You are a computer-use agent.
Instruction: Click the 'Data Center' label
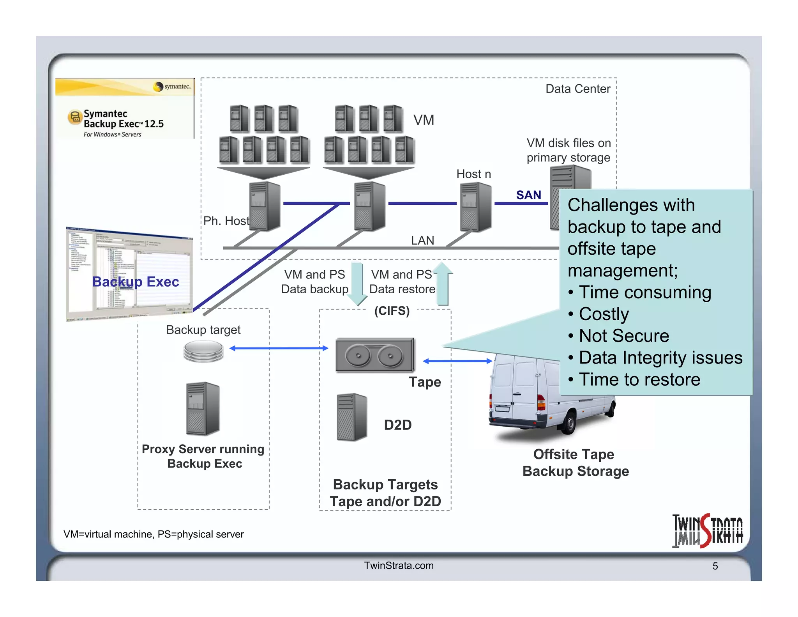coord(577,89)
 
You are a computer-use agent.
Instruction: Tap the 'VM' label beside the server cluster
coord(424,120)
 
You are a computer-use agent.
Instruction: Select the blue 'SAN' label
coord(528,195)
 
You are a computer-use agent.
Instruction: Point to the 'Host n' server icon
coord(475,207)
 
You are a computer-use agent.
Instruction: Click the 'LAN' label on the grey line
coord(422,240)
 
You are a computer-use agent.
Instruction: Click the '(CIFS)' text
coord(392,311)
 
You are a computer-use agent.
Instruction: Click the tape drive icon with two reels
coord(375,355)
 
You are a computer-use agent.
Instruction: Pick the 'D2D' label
coord(397,425)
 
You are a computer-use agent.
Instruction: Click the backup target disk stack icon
coord(203,351)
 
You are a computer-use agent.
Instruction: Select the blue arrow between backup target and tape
coord(279,348)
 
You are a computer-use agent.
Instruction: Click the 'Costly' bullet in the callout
coord(604,314)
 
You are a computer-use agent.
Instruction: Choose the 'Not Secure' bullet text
coord(624,336)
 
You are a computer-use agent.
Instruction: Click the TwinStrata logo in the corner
coord(707,531)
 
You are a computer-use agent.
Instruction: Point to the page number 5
coord(715,566)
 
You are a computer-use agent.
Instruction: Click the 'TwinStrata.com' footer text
coord(399,566)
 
